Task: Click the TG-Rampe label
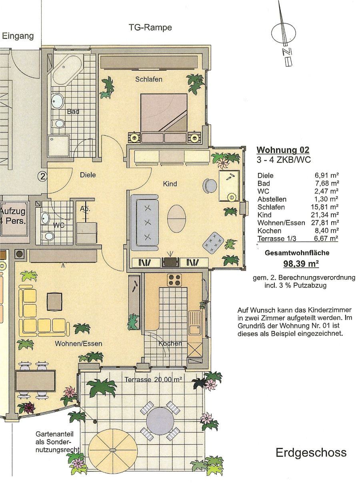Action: (x=150, y=28)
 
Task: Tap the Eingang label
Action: (x=18, y=36)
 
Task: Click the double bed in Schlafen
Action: (x=164, y=118)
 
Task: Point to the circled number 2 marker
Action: (x=42, y=176)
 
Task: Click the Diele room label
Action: (x=88, y=175)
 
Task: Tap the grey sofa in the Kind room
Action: (x=145, y=222)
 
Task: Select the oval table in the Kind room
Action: (x=177, y=218)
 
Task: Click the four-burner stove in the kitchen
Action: (x=174, y=280)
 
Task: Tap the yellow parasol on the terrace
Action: (x=113, y=450)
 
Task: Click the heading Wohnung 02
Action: (x=283, y=150)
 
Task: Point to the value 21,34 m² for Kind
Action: (x=325, y=215)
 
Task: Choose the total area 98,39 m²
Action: (x=301, y=264)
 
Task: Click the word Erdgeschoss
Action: (x=311, y=453)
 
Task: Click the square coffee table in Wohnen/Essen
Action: (x=54, y=302)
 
